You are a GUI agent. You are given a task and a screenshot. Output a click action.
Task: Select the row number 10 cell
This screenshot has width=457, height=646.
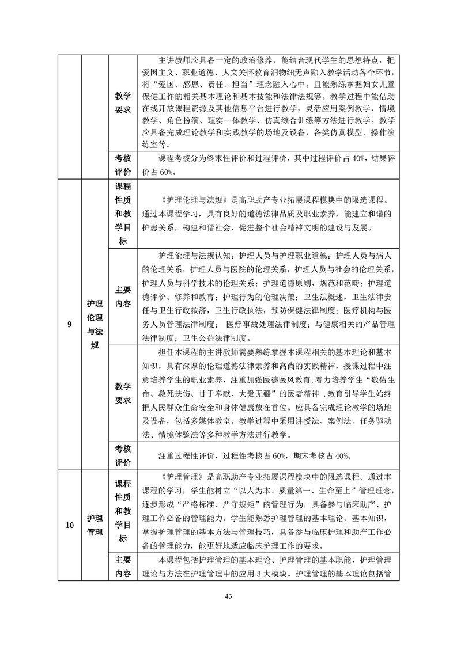69,525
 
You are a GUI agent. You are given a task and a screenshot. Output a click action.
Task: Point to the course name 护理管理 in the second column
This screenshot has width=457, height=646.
95,525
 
